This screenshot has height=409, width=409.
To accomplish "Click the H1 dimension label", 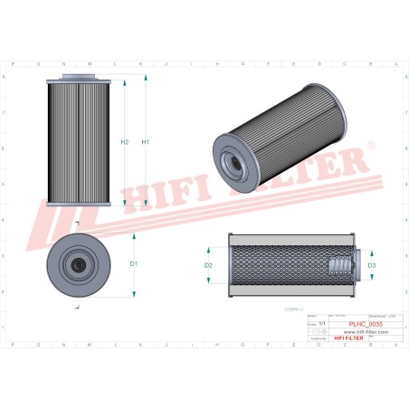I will point(146,142).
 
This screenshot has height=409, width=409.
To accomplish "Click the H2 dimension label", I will point(125,142).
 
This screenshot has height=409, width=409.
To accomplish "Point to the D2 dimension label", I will point(208,265).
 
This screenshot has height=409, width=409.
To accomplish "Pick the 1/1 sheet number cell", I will point(323,323).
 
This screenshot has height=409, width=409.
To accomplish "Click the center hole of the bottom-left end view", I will point(79,266).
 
